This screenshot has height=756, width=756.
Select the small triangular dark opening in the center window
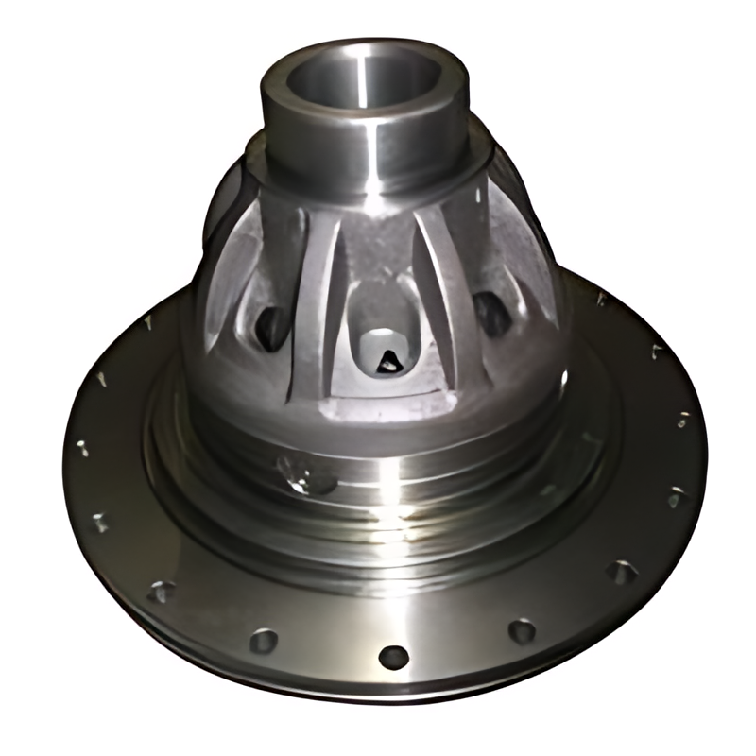(388, 358)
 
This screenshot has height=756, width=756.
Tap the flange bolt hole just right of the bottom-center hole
(522, 630)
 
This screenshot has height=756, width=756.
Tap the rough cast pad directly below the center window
(383, 406)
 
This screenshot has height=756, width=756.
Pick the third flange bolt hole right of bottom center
(675, 496)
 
